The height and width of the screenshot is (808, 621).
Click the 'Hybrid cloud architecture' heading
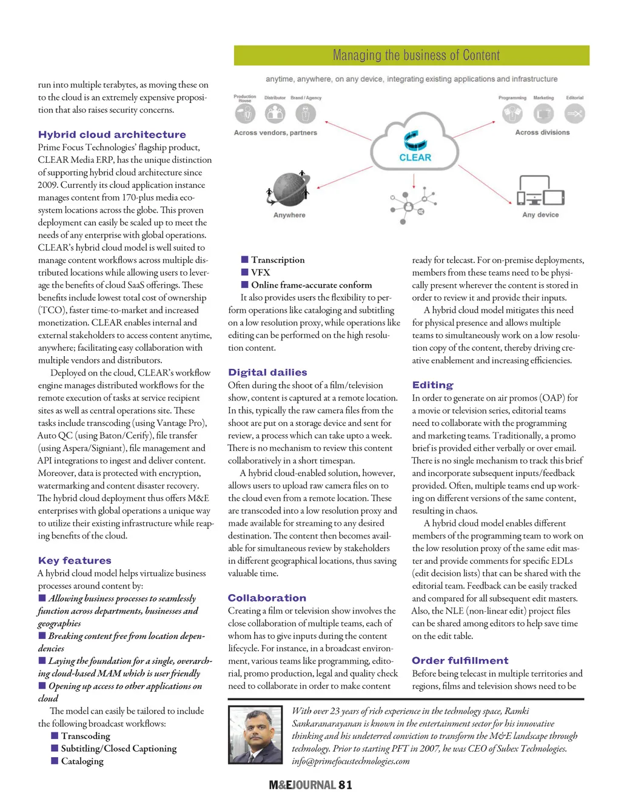pyautogui.click(x=112, y=134)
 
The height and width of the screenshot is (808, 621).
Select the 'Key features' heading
pyautogui.click(x=75, y=560)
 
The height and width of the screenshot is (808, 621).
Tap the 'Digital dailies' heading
pyautogui.click(x=267, y=373)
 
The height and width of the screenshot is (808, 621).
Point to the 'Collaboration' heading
pyautogui.click(x=267, y=598)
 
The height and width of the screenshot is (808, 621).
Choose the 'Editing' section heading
pyautogui.click(x=432, y=385)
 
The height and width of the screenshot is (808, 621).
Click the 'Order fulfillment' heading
pyautogui.click(x=460, y=660)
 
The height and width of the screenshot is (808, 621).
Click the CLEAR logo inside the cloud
pyautogui.click(x=415, y=147)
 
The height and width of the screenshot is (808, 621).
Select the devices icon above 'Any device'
pyautogui.click(x=540, y=191)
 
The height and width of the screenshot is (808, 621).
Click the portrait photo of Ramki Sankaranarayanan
pyautogui.click(x=255, y=735)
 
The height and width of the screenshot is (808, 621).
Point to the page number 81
pyautogui.click(x=345, y=785)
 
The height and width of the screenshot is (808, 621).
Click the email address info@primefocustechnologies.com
pyautogui.click(x=351, y=761)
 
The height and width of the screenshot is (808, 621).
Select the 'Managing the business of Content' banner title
pyautogui.click(x=416, y=56)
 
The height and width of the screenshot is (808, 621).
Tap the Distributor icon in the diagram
pyautogui.click(x=275, y=113)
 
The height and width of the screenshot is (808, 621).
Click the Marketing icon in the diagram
pyautogui.click(x=543, y=113)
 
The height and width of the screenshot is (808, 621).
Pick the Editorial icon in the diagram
pyautogui.click(x=574, y=113)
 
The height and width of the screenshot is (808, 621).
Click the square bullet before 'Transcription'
pyautogui.click(x=245, y=260)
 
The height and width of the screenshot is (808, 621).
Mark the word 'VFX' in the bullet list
pyautogui.click(x=261, y=273)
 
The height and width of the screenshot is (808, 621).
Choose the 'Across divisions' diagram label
pyautogui.click(x=542, y=133)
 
